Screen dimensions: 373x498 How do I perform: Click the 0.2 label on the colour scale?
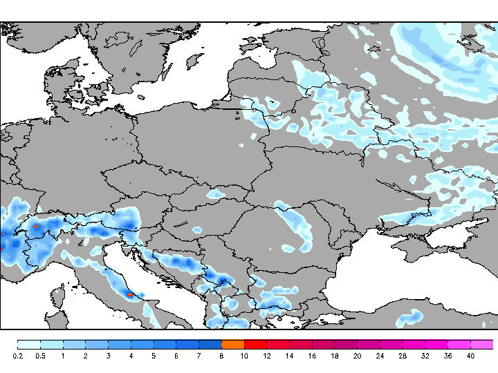tap(18, 356)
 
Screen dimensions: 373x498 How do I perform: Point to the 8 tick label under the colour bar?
tap(221, 356)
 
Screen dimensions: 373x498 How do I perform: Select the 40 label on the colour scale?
tap(470, 356)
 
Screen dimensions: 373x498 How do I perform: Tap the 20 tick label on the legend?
tap(357, 356)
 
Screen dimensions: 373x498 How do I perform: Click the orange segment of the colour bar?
tap(233, 344)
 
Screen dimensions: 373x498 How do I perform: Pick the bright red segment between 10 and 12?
tap(255, 344)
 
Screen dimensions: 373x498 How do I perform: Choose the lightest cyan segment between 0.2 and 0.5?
tap(29, 344)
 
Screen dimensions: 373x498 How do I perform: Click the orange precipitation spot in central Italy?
tap(130, 296)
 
